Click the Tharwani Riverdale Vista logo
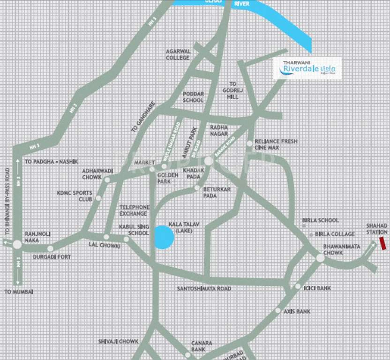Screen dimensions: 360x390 coord(307,69)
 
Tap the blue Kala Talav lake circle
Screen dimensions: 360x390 coord(164,237)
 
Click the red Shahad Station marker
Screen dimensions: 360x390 coord(382,243)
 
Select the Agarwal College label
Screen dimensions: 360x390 coord(178,54)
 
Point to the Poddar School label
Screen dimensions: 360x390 coord(193,97)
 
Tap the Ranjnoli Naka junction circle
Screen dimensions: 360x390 coord(17,244)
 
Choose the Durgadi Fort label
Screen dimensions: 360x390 coord(51,257)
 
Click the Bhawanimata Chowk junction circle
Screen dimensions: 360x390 coord(320,257)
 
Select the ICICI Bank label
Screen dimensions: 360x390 coord(317,288)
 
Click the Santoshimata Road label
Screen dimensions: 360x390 coord(204,288)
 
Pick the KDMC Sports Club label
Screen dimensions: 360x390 coord(75,195)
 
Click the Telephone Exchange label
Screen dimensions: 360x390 coord(134,210)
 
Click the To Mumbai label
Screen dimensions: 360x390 coord(19,292)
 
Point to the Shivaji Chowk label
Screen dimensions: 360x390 coord(119,341)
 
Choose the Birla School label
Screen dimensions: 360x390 coord(322,220)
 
